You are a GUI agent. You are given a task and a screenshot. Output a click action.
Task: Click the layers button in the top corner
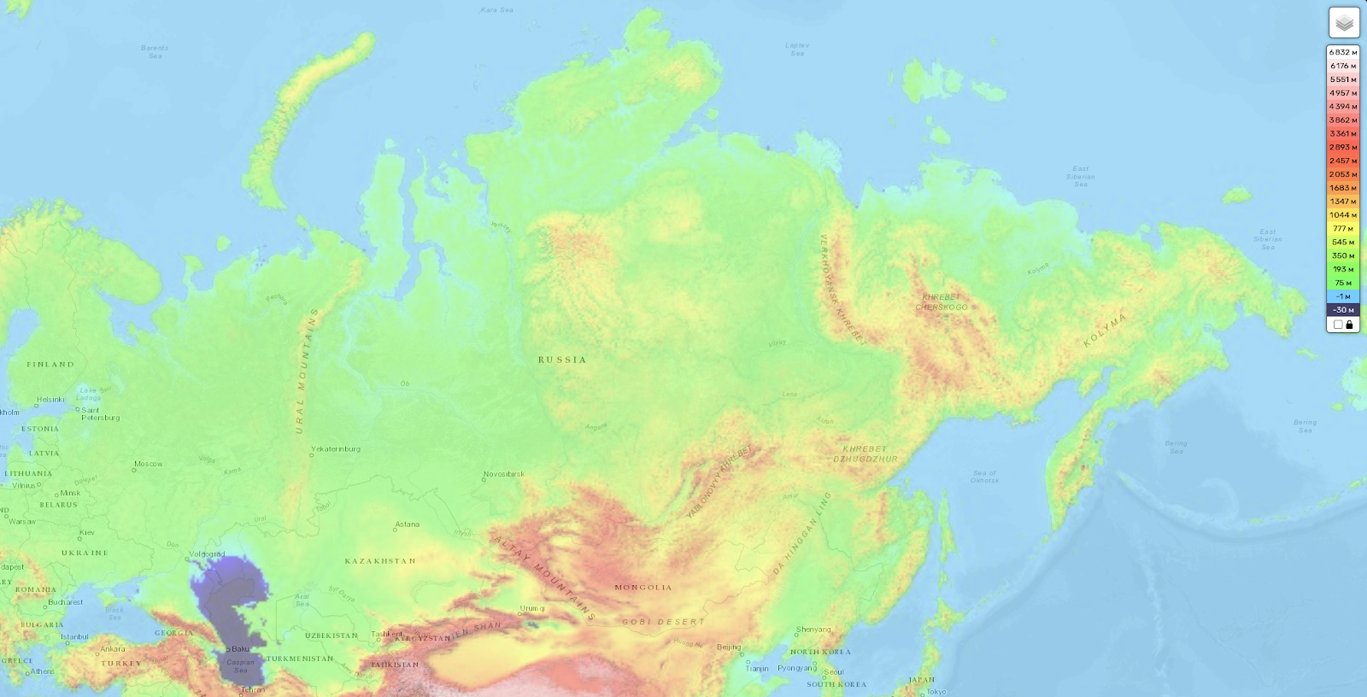coord(1344,23)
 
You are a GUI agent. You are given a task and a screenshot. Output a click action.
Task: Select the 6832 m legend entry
coord(1342,52)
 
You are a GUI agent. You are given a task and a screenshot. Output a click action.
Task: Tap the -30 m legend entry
coord(1342,310)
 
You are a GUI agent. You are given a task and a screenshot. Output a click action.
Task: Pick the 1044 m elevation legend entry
coord(1342,215)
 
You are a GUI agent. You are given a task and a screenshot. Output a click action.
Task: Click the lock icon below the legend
coord(1349,325)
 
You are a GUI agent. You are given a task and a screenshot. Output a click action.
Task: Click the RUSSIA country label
coord(562,360)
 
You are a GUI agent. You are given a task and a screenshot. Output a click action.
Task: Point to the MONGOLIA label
coord(643,588)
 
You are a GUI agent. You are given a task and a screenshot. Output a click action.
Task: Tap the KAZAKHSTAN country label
coord(380,561)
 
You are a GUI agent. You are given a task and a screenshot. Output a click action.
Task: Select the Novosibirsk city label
coord(504,474)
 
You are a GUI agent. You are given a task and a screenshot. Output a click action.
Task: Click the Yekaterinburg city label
coord(336,448)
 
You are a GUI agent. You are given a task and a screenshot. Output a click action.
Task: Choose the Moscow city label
coord(148,464)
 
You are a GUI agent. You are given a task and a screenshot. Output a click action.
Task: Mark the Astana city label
coord(407,524)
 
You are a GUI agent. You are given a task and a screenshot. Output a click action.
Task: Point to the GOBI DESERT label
coord(664,622)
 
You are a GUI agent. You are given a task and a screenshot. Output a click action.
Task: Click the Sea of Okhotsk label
coord(984,477)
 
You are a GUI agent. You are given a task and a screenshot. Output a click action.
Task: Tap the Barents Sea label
coord(155,52)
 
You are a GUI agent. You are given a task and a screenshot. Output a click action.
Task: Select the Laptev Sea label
coord(797,50)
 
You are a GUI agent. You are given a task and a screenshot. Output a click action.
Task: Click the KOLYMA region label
coord(1106,330)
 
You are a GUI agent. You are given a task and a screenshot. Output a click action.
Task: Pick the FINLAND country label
coord(50,365)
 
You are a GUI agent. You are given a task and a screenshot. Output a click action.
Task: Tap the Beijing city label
coord(729,647)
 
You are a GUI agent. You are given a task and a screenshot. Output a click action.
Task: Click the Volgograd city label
coord(208,554)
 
